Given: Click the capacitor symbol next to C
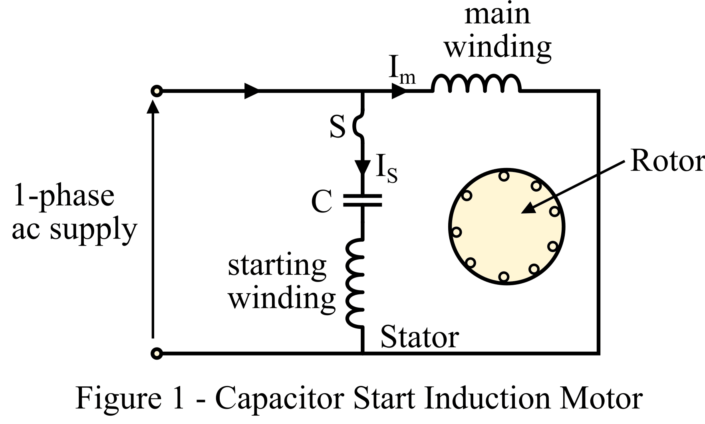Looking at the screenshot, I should [363, 200].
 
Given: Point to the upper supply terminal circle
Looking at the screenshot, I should [157, 91].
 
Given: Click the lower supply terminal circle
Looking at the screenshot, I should [157, 354].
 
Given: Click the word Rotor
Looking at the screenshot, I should [667, 162].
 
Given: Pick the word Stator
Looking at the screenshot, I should [419, 338].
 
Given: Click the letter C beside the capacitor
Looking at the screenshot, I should [322, 202].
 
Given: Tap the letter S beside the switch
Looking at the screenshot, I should [338, 127].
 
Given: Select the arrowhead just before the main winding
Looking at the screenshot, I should [399, 91].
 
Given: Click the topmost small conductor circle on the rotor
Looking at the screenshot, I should [504, 176].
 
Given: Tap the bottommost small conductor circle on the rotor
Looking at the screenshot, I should [504, 276].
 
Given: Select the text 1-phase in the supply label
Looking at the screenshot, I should [64, 196].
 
